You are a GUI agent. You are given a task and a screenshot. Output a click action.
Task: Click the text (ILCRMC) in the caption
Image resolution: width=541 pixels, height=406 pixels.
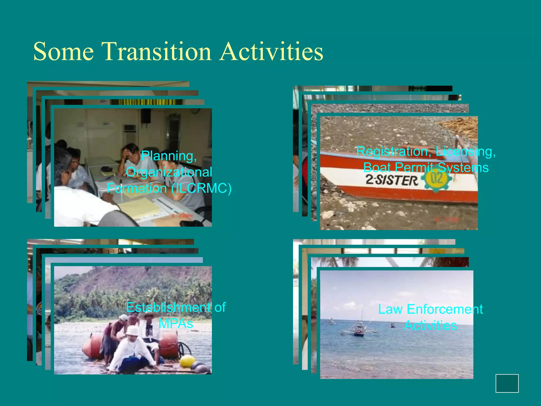coord(201,188)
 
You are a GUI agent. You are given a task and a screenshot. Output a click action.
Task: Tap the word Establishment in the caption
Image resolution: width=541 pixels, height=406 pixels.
coord(168,307)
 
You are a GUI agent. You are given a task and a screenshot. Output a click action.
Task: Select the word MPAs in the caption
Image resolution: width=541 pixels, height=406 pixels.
coord(176,324)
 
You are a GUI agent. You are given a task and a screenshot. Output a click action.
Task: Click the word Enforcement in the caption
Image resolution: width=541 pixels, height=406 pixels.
coord(445,309)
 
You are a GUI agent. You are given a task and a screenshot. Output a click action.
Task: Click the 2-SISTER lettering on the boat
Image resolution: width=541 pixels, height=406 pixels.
coord(392,181)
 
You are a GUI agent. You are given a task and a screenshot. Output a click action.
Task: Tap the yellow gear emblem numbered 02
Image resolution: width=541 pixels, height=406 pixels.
coord(437,179)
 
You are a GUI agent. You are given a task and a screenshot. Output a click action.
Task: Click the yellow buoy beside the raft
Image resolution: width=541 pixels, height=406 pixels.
coord(187,361)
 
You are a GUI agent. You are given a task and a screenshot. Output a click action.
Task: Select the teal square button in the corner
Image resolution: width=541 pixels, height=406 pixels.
coord(507,383)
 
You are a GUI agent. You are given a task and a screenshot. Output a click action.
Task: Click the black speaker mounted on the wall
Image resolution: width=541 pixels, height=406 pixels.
coord(146,116)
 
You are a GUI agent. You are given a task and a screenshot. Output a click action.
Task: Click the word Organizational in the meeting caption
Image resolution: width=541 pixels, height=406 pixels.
coord(169,172)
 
